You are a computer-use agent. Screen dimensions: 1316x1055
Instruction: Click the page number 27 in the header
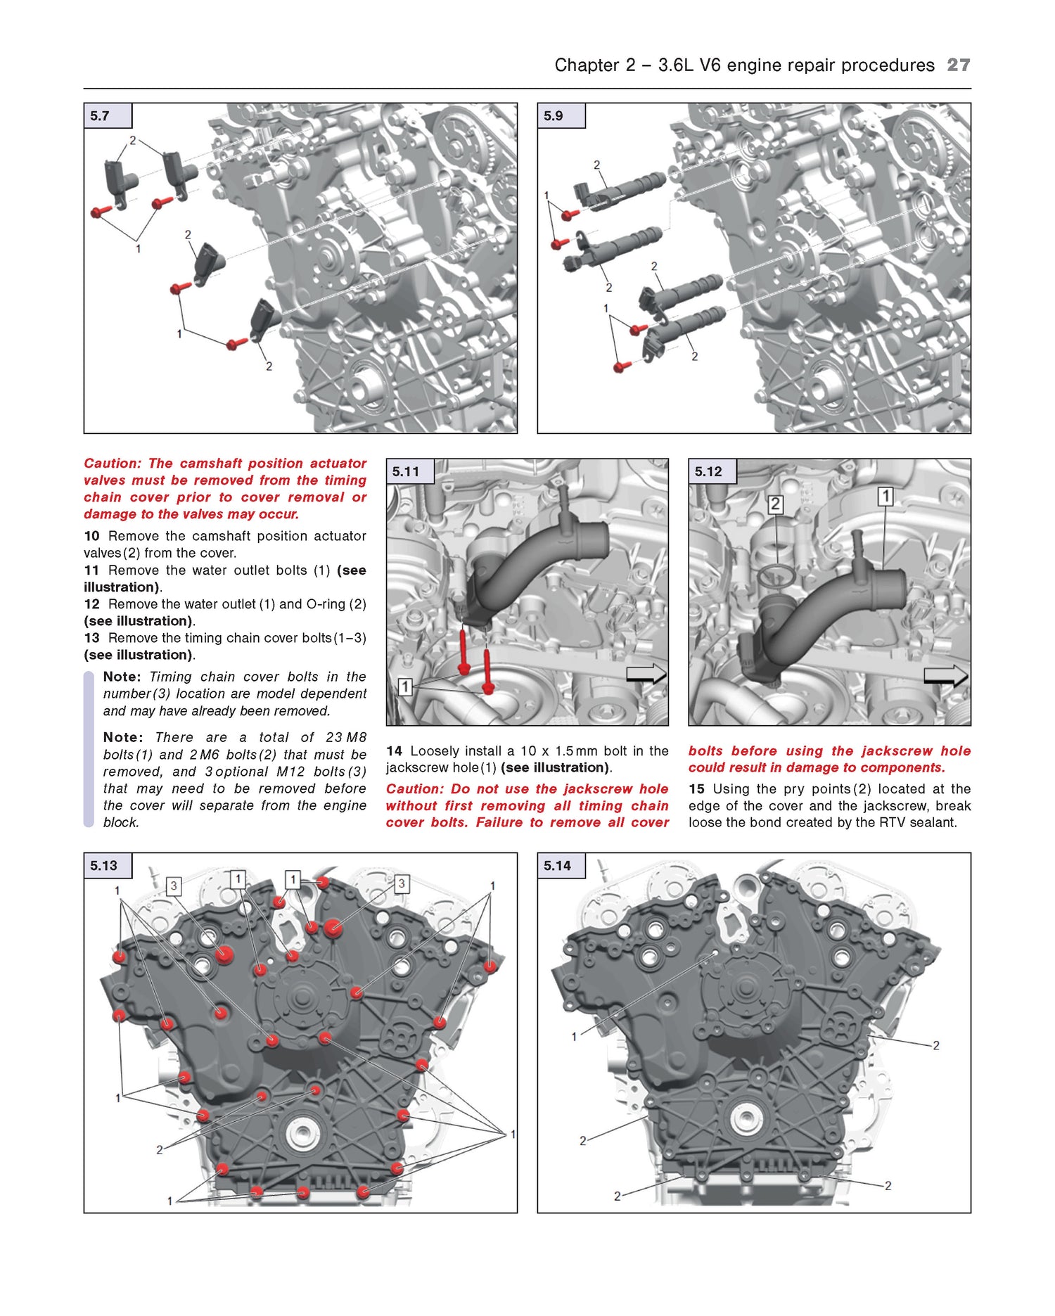958,65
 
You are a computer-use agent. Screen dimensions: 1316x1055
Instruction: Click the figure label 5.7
100,116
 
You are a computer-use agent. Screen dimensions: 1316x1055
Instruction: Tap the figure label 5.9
554,116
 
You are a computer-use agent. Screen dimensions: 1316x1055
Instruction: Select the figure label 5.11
406,472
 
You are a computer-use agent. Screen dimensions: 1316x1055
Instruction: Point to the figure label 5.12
708,472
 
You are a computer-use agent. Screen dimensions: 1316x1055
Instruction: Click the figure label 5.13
103,866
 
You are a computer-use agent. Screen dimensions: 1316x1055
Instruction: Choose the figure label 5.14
557,866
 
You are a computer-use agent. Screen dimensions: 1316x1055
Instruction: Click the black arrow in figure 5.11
646,674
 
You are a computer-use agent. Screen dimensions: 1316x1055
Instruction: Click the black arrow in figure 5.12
946,676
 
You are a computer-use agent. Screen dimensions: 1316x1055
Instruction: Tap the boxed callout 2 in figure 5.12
775,504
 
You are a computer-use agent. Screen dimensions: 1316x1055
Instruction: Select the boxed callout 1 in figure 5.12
885,497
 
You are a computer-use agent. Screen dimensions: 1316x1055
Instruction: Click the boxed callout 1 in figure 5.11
405,686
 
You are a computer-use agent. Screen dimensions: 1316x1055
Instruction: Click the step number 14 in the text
394,751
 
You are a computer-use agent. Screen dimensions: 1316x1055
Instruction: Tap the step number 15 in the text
696,789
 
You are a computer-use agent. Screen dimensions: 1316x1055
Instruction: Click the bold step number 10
91,536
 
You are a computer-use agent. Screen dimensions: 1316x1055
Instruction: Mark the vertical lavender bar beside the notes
89,749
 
